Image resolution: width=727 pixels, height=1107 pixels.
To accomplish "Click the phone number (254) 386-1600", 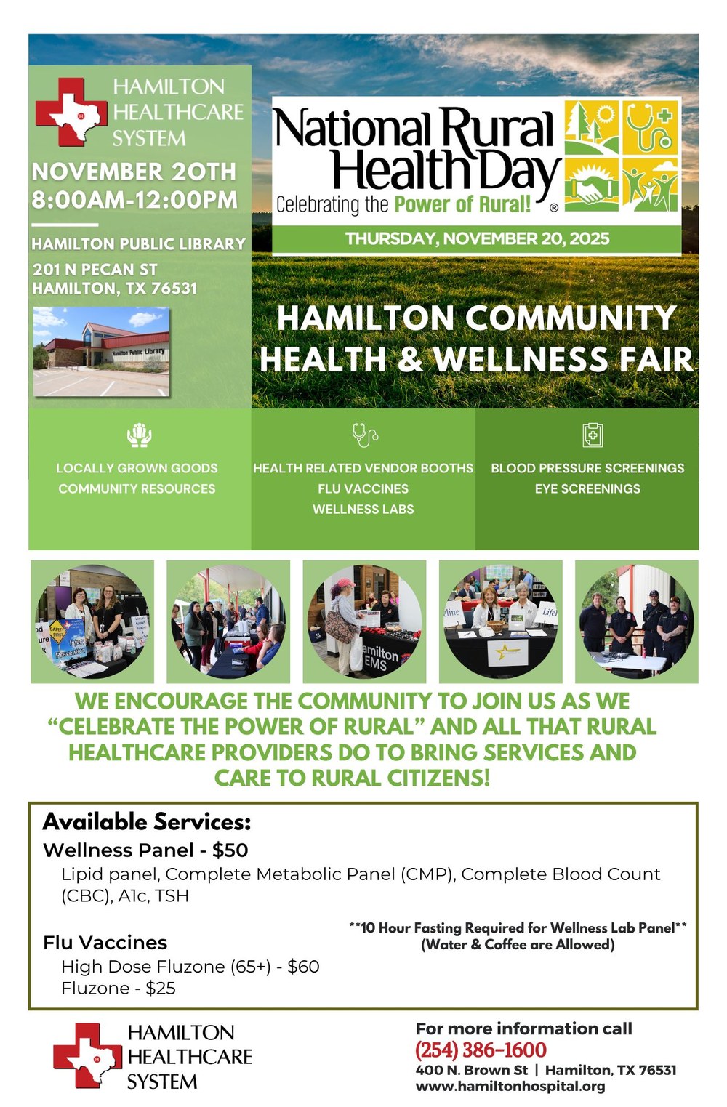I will [x=481, y=1050].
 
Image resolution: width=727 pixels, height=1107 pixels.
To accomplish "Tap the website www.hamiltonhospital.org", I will [x=510, y=1087].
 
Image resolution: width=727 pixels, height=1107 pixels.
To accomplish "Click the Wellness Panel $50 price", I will [x=230, y=850].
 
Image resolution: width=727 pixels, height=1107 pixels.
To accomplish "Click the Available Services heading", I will [x=147, y=822].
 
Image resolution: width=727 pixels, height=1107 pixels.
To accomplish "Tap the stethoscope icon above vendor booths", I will [x=363, y=435].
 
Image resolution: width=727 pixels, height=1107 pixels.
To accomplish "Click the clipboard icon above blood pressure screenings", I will [x=593, y=435].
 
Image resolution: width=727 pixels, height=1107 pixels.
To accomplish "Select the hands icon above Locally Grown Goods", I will [x=138, y=435].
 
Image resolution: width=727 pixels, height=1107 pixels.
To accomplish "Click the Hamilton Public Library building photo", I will [x=101, y=352].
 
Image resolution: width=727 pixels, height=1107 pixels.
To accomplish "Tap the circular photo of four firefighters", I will [x=636, y=621].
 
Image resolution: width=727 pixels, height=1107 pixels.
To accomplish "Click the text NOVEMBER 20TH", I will [x=134, y=172].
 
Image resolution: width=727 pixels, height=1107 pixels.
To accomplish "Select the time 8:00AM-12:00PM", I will [x=134, y=200].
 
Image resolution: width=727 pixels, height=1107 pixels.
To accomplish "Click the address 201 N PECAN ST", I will [x=95, y=269].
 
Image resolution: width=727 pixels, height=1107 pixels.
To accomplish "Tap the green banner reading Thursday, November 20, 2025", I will [x=476, y=238].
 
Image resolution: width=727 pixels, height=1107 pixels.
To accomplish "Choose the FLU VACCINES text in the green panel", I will [x=363, y=488].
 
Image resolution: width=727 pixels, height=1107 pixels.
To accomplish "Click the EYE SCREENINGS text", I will [x=587, y=488].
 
